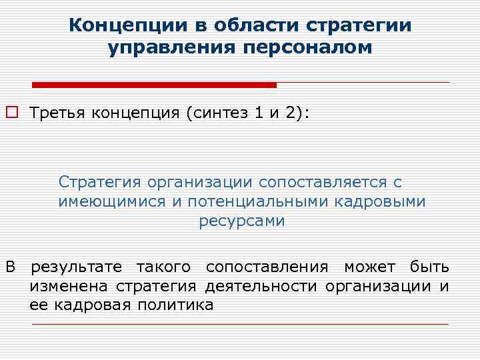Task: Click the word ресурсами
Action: tap(241, 221)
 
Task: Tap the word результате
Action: tap(76, 267)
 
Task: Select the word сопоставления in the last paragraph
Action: tap(267, 267)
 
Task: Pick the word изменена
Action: tap(70, 287)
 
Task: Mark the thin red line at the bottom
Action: tap(240, 324)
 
